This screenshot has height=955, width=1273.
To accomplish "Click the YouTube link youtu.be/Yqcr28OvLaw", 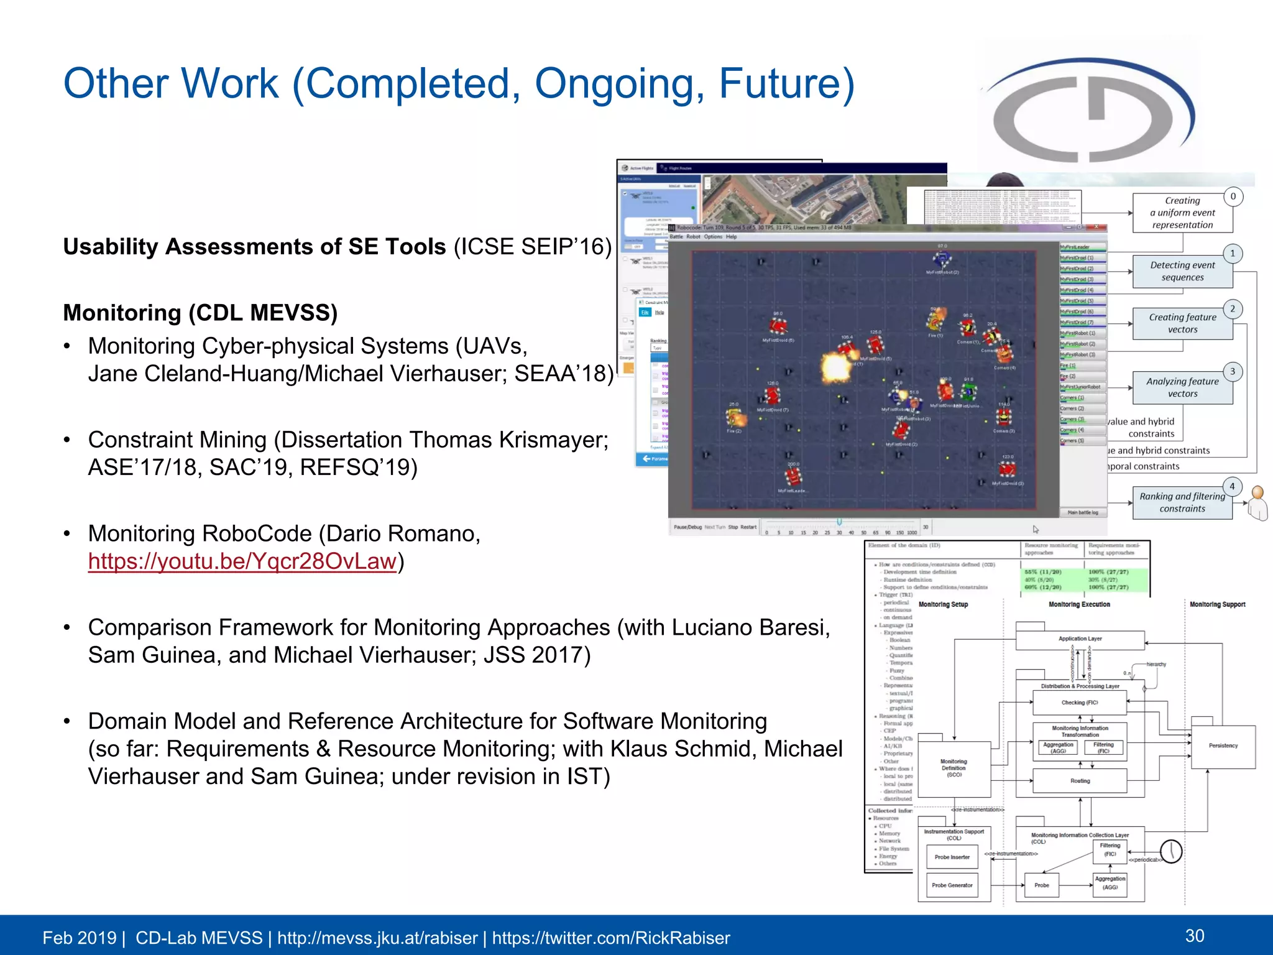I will coord(242,561).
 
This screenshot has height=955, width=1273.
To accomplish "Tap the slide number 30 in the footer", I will coord(1195,936).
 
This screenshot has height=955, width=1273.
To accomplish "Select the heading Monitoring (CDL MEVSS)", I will coord(200,313).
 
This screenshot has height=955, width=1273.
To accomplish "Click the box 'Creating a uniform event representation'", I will coord(1182,213).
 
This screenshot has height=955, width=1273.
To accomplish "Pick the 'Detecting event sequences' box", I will coord(1182,272).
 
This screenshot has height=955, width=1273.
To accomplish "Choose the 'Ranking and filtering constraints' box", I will coord(1182,502).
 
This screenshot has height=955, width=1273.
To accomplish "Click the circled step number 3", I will coord(1233,372).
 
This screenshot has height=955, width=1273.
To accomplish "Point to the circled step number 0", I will coord(1233,196).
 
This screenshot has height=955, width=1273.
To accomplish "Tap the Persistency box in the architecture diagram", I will coord(1223,745).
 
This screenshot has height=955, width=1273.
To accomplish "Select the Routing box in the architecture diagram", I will coord(1080,781).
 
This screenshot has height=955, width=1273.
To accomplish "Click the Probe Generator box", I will coord(952,885).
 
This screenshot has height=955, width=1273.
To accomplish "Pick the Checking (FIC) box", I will coord(1079,703).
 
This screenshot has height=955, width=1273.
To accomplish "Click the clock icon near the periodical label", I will coord(1171,851).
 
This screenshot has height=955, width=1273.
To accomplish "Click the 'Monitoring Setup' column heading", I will coord(943,604).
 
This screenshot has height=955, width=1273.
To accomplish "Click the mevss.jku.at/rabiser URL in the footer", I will coord(377,938).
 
